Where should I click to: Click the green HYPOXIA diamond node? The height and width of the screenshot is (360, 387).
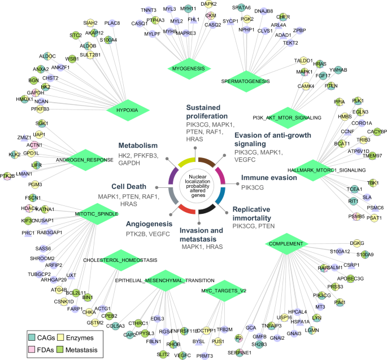coord(123,109)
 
